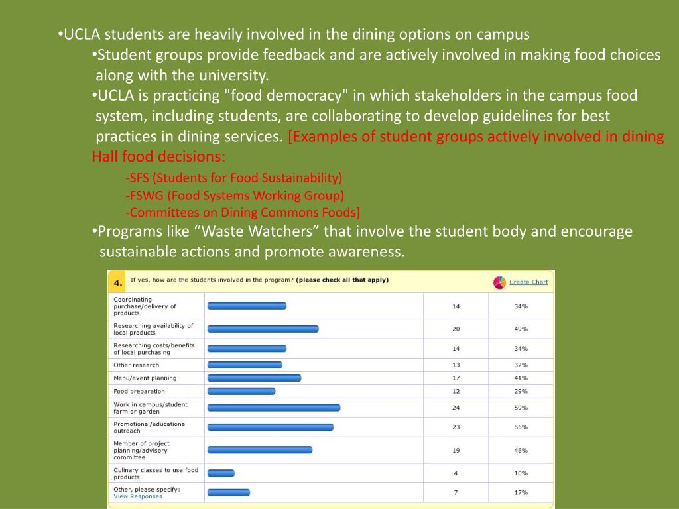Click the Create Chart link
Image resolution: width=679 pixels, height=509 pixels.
(528, 282)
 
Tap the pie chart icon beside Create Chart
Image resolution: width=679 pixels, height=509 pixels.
(499, 282)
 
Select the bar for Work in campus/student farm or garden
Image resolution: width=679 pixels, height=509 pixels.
(274, 408)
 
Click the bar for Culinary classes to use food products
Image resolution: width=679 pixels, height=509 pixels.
(221, 473)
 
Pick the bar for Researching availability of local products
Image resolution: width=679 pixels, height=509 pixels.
(263, 329)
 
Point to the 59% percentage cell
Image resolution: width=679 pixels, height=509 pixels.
(521, 408)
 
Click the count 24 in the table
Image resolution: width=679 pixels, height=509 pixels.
(456, 408)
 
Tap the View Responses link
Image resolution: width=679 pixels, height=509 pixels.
(138, 496)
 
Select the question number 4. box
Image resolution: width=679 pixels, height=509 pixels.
(117, 283)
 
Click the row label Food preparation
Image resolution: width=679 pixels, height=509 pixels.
(139, 392)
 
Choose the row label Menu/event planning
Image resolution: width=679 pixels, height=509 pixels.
(145, 378)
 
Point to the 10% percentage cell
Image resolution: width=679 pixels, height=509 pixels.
(521, 473)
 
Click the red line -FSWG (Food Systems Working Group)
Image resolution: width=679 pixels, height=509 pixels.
(235, 196)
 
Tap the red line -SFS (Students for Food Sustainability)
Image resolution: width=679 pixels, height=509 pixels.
(233, 178)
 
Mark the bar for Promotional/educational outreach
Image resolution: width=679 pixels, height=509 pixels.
(271, 427)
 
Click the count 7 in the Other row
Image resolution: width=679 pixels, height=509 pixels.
(456, 492)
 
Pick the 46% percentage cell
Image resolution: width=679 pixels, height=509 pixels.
(521, 451)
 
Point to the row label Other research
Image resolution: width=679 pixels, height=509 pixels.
(137, 365)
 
